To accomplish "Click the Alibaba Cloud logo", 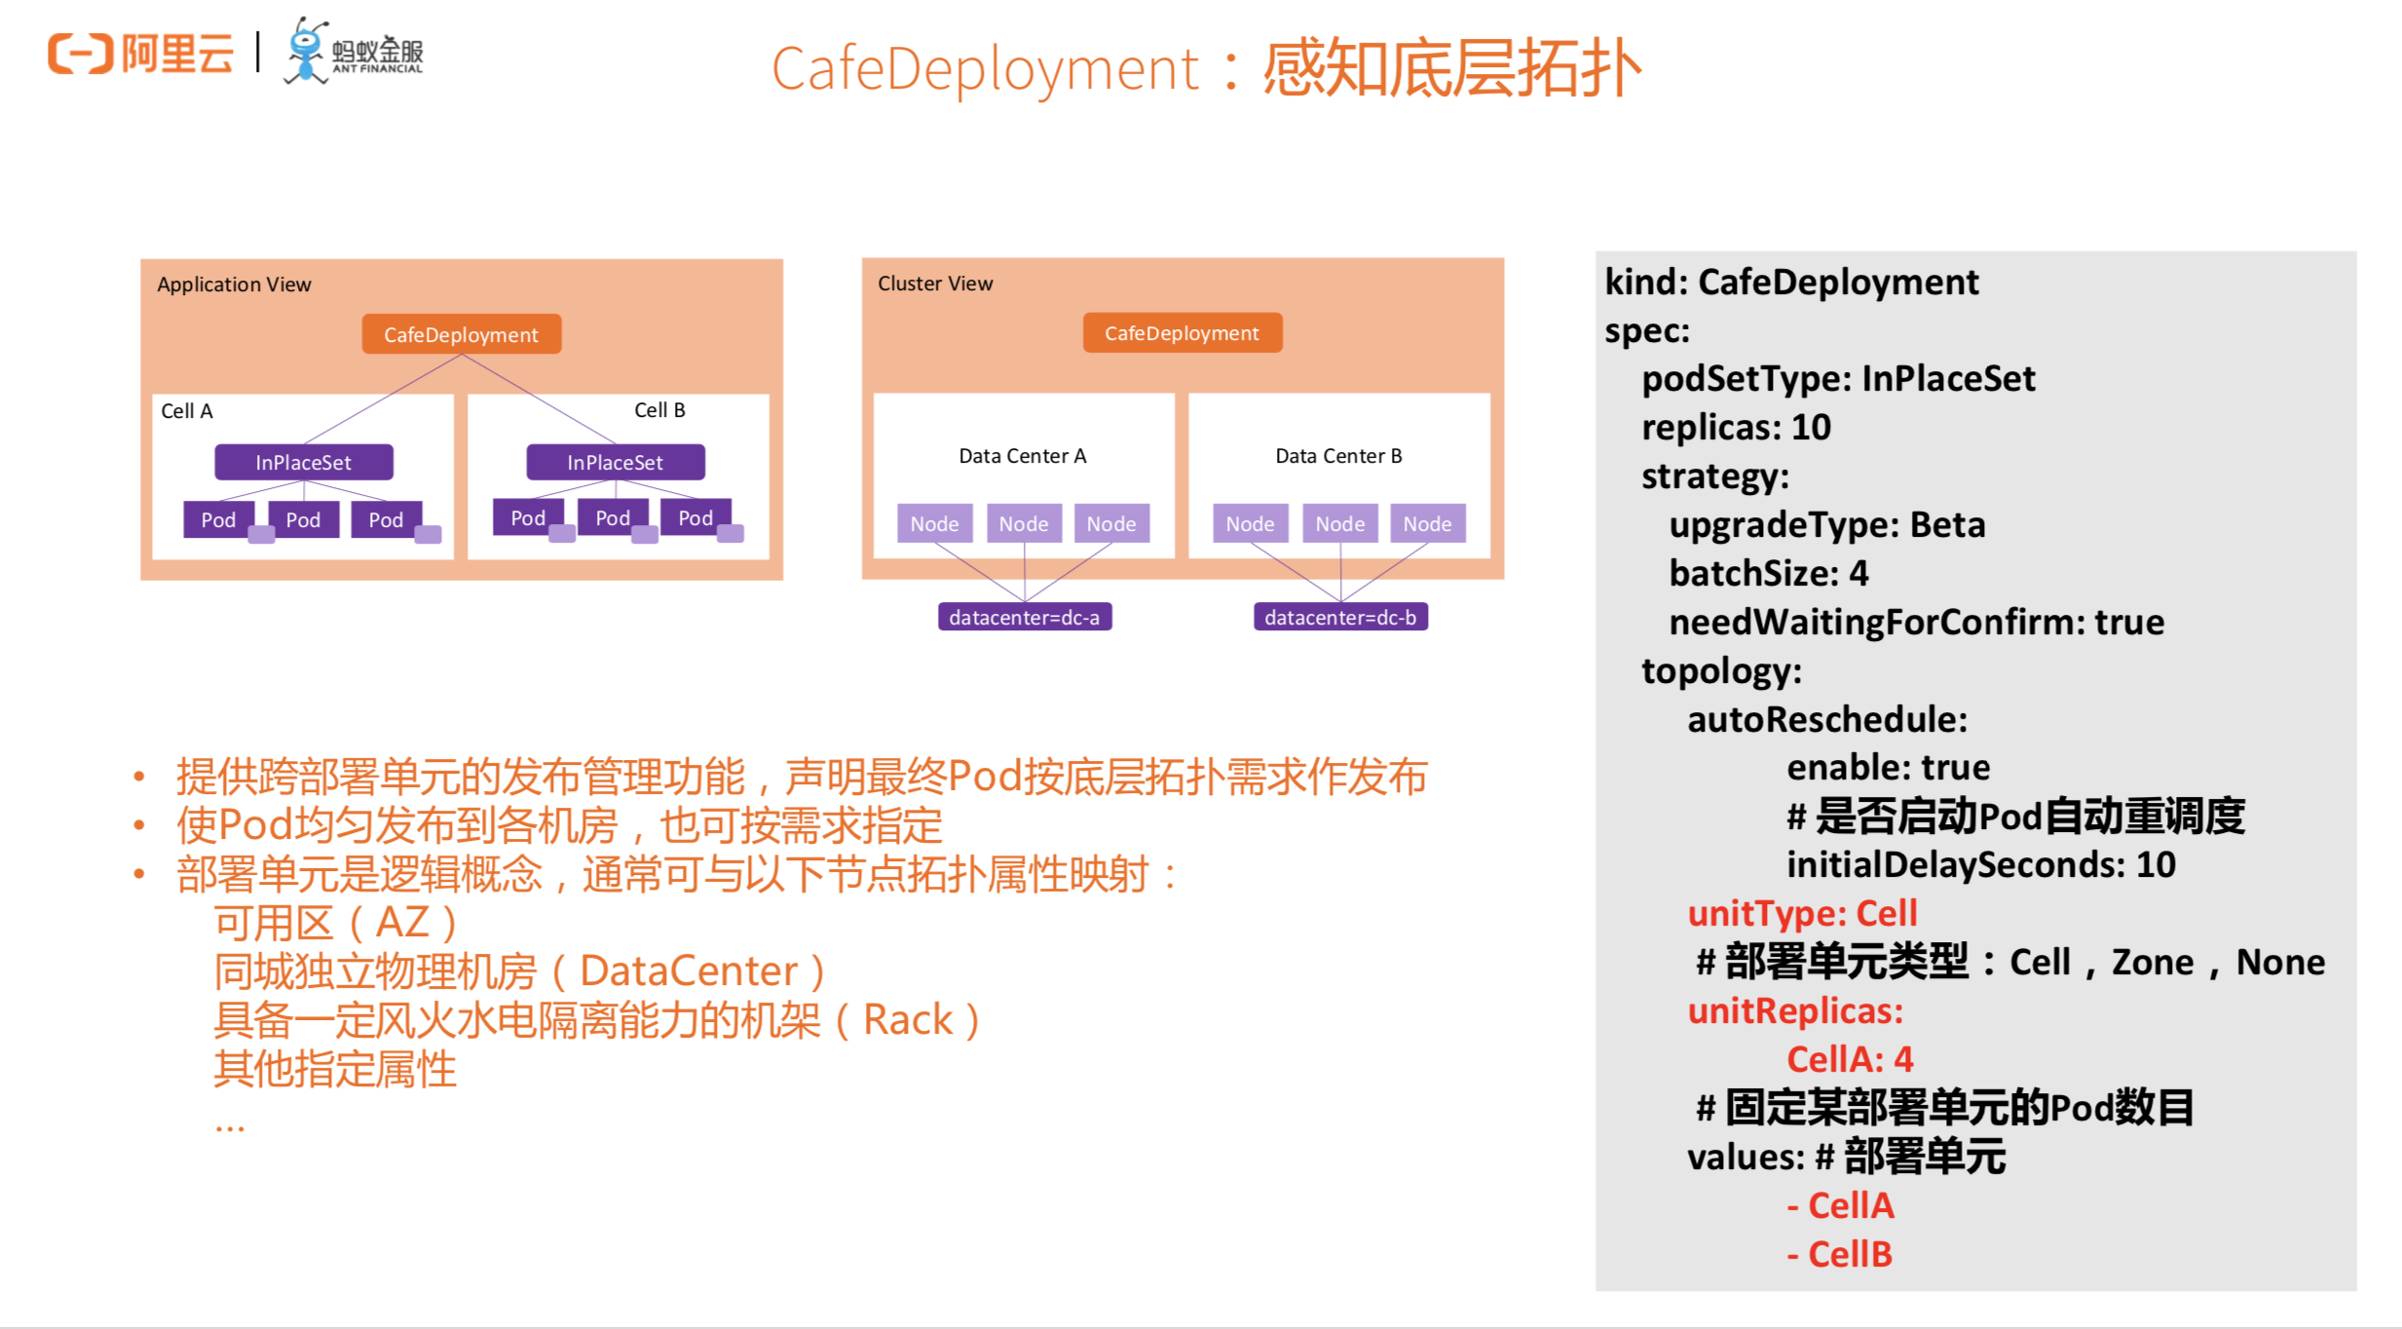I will click(140, 53).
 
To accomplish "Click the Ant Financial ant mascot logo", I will click(307, 51).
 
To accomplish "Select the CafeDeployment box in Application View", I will click(461, 334).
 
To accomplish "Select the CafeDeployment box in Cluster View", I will click(1182, 333).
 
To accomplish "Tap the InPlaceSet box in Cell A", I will click(303, 462).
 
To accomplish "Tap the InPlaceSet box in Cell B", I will click(615, 462).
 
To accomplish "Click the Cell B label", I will click(659, 410).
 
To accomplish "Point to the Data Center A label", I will click(1022, 456).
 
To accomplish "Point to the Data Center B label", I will click(1338, 456).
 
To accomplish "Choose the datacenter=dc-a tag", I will click(1024, 617).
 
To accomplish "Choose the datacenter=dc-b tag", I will click(1340, 617).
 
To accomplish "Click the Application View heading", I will click(234, 285).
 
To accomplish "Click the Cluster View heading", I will click(935, 284).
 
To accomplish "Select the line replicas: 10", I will click(1736, 428).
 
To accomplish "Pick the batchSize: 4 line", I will click(1769, 574).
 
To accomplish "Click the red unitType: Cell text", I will click(1802, 913).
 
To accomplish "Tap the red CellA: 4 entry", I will click(1850, 1059).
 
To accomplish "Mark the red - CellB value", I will click(1840, 1254).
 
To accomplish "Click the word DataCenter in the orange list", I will click(689, 971).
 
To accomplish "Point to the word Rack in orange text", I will click(908, 1020).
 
